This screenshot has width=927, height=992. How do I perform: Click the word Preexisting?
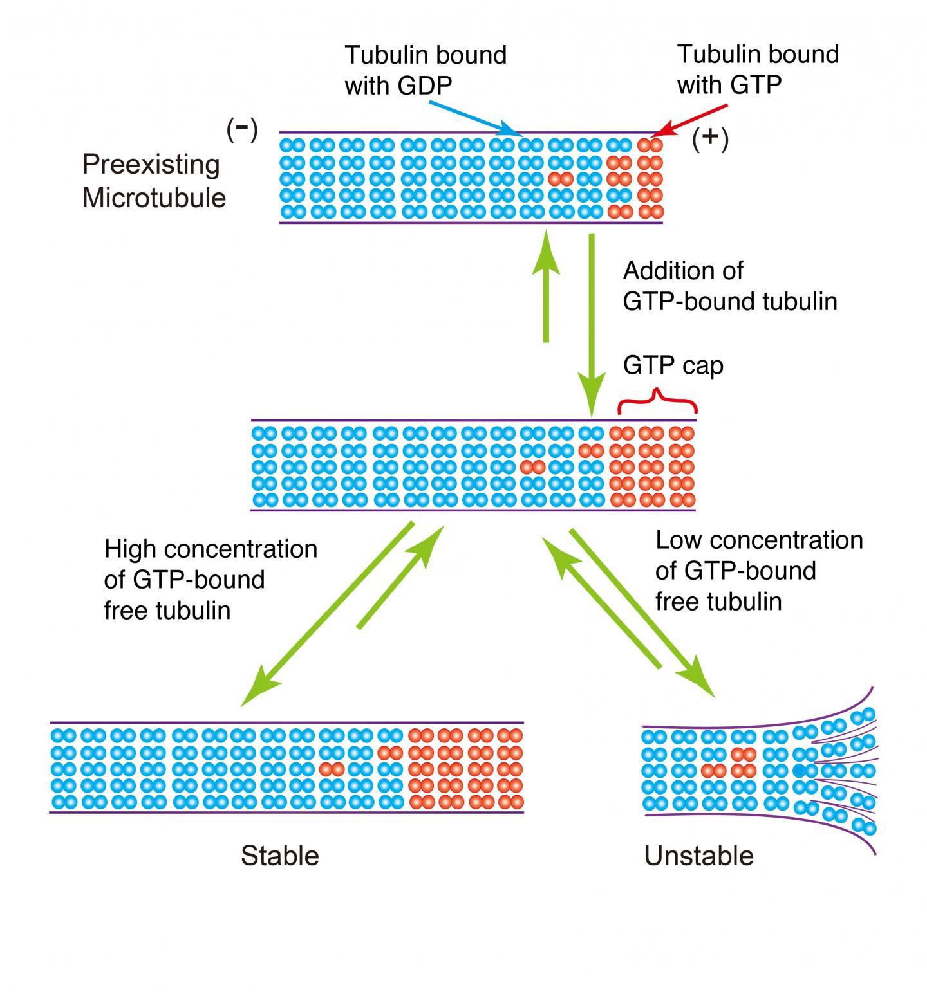click(x=151, y=165)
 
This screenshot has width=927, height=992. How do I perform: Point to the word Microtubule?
click(x=154, y=197)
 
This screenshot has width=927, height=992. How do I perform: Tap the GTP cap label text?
click(x=673, y=365)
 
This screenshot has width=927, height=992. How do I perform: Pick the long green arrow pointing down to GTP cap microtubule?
click(x=592, y=322)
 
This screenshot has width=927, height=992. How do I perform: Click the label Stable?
click(x=279, y=856)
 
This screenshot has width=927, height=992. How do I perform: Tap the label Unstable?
click(x=698, y=856)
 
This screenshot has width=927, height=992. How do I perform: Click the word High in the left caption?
click(x=130, y=549)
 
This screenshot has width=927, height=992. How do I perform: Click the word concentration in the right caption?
click(x=785, y=540)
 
